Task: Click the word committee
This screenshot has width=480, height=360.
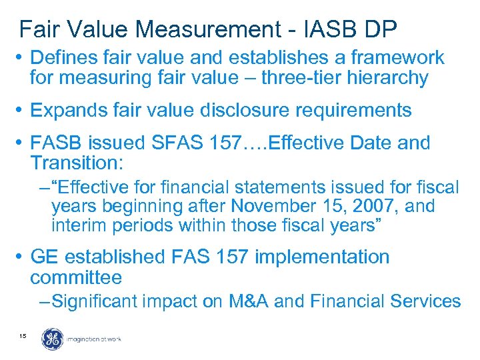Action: click(76, 277)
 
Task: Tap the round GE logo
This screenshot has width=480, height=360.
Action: click(52, 339)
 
